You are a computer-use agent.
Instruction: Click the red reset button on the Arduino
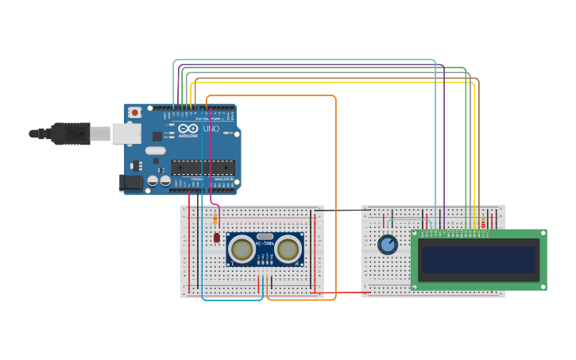tap(134, 113)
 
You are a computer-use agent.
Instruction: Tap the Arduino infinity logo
tap(188, 129)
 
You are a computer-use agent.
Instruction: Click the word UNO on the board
tap(211, 129)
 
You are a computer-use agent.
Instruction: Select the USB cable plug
tap(71, 134)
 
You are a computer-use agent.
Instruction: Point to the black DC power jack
tap(131, 183)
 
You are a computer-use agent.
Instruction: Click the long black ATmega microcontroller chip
tap(203, 167)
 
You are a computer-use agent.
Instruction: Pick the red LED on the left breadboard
tap(216, 237)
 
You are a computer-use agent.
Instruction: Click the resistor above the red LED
tap(215, 219)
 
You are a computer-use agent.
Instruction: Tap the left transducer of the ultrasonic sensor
tap(242, 250)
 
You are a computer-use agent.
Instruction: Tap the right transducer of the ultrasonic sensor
tap(288, 250)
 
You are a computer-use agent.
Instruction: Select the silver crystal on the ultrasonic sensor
tap(265, 236)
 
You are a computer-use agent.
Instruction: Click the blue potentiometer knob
tap(388, 245)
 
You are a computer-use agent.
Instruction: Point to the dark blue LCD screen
tap(478, 259)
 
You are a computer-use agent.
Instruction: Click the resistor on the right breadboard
tap(482, 222)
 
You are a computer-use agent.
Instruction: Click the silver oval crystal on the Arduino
tap(156, 150)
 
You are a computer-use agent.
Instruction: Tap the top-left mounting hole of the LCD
tap(415, 234)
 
